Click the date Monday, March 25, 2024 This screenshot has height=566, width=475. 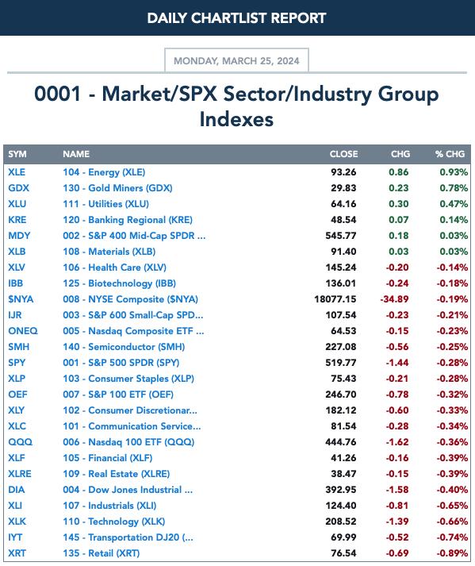(236, 60)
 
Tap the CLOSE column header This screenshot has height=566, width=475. (343, 154)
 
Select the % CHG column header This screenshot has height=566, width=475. (450, 154)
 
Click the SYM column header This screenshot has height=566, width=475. (17, 154)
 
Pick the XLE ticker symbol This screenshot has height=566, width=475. (17, 172)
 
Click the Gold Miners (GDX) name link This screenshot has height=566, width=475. (117, 188)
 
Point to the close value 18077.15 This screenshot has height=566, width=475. (335, 299)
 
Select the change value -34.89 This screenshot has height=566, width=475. (394, 299)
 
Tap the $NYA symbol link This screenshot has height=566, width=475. (21, 299)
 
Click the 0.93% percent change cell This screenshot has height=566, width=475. (454, 172)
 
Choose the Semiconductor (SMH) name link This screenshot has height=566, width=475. (124, 347)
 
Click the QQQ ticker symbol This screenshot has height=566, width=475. (20, 442)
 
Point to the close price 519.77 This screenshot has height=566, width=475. (341, 363)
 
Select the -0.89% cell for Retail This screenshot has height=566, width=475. (452, 553)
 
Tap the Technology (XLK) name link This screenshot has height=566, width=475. (114, 522)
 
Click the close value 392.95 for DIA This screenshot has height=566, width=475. (341, 490)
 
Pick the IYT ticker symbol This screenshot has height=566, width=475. (15, 537)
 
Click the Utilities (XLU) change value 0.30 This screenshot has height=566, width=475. (399, 204)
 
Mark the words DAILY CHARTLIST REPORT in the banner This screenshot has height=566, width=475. (236, 18)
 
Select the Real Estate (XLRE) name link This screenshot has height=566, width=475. (116, 474)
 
